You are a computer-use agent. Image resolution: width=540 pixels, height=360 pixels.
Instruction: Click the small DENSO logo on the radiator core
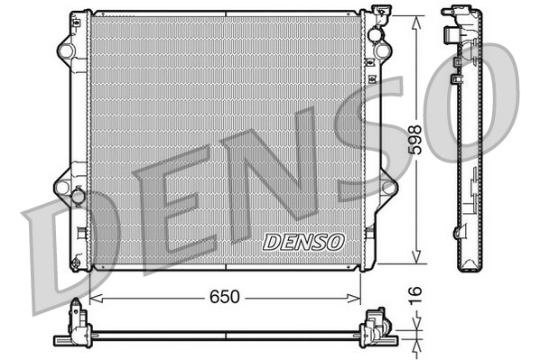click(303, 242)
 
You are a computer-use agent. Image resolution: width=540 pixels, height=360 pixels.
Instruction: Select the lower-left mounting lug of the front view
click(64, 187)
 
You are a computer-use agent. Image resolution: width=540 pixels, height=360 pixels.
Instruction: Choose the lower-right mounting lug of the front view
click(388, 187)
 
